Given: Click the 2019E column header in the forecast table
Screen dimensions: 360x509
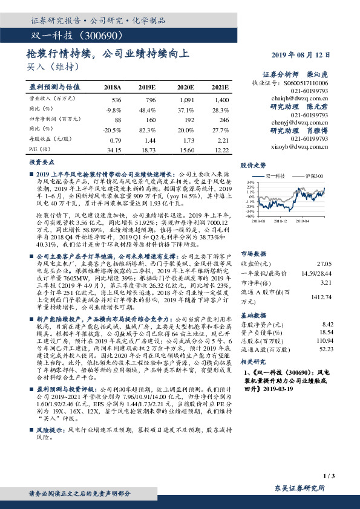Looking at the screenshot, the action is pos(147,87).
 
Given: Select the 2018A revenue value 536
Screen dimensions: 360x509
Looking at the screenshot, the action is pos(117,99).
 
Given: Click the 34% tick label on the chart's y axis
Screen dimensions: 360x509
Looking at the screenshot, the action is pos(250,181).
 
